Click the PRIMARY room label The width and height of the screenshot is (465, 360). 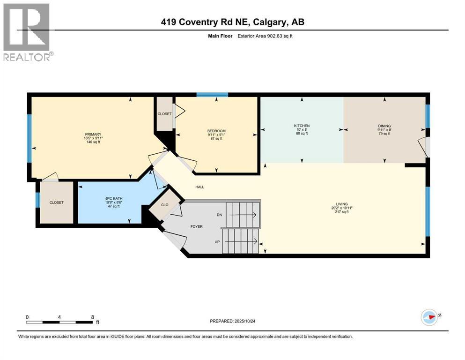click(x=93, y=135)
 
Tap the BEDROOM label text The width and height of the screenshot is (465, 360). click(x=216, y=131)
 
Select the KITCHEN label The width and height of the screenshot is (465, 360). click(x=302, y=126)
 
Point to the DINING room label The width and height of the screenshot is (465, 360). click(x=384, y=126)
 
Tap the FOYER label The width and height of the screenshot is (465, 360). click(x=197, y=226)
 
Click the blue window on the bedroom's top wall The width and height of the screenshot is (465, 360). click(x=212, y=95)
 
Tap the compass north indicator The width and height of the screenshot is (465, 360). click(x=429, y=316)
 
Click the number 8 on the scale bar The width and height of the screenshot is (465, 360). click(x=92, y=316)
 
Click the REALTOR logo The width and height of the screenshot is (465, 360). click(x=27, y=32)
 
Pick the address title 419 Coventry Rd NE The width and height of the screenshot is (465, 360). click(x=232, y=22)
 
